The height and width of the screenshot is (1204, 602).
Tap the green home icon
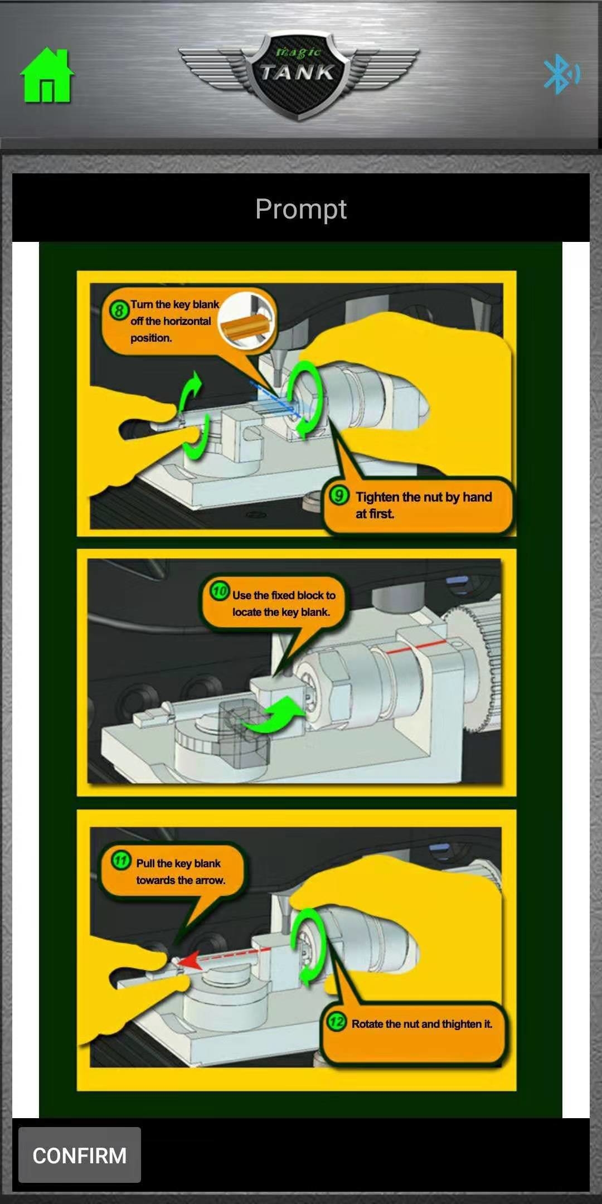47,76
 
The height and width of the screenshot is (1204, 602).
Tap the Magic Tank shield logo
298,75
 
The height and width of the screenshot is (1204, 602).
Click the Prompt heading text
301,209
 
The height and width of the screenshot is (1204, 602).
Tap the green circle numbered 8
118,309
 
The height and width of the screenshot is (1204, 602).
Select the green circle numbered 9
339,496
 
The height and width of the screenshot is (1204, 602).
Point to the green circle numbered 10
220,591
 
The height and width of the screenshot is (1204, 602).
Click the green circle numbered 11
121,860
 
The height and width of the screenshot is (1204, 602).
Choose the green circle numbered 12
336,1022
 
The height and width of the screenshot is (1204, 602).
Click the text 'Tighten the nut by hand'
424,497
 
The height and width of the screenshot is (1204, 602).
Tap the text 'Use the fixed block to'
284,595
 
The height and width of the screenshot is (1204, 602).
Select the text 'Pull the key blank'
178,863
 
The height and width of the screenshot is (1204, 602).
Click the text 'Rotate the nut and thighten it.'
422,1024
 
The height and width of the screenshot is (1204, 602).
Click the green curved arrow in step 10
271,716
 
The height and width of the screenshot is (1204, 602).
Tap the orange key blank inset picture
246,322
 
